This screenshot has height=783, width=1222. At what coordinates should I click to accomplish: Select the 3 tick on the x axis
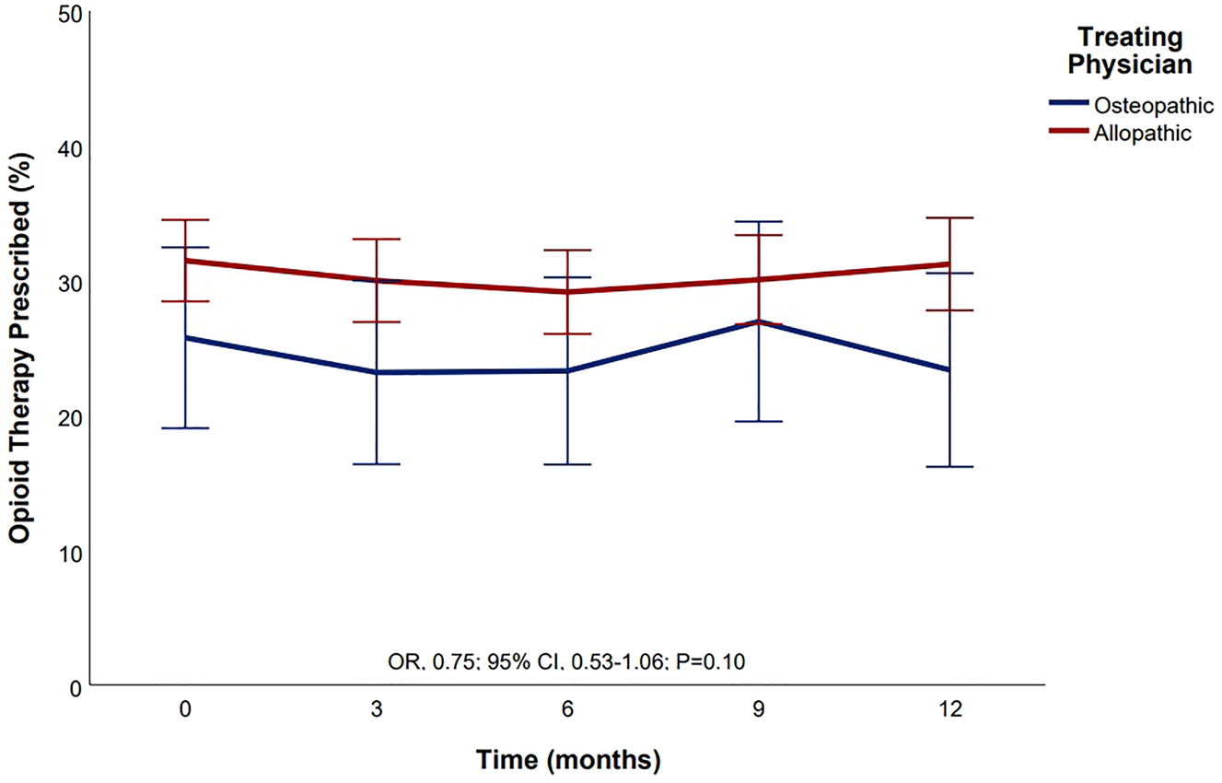click(x=377, y=710)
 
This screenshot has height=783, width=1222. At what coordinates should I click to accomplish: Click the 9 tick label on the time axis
click(x=758, y=710)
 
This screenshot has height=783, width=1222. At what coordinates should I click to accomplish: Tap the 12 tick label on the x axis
click(x=949, y=710)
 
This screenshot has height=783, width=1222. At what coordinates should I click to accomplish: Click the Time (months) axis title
click(x=568, y=761)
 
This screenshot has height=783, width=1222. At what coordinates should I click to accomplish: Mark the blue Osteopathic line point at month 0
click(x=186, y=338)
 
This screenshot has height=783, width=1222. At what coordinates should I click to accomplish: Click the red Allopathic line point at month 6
click(x=568, y=291)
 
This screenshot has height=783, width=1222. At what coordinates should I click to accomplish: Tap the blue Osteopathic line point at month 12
click(x=949, y=369)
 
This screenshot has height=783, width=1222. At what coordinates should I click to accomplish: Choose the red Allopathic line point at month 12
click(x=949, y=264)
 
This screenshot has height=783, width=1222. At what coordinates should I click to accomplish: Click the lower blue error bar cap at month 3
click(x=377, y=464)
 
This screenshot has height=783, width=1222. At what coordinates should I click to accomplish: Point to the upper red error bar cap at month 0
click(x=186, y=220)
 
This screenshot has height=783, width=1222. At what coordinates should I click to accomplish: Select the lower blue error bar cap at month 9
click(x=758, y=421)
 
